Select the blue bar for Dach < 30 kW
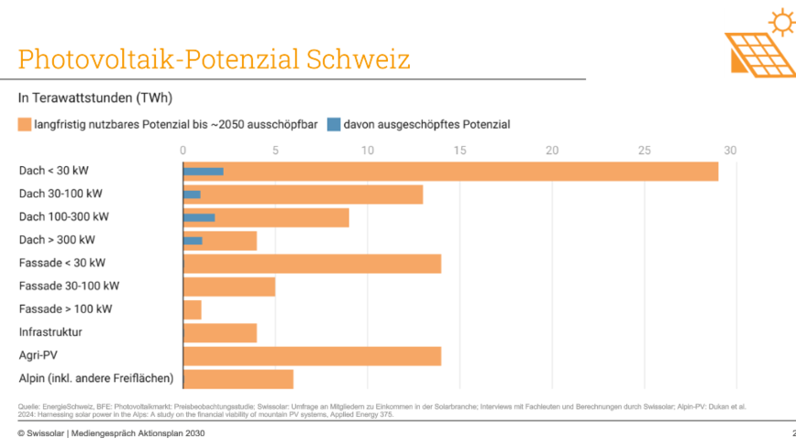point(204,171)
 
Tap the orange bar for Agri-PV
point(312,356)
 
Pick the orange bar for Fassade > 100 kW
point(193,309)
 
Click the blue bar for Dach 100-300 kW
point(199,217)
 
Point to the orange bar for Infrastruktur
point(220,332)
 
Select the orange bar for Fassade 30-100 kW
point(229,287)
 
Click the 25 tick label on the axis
point(644,150)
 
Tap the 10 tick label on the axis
point(367,150)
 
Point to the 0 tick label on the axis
point(183,150)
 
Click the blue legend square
point(334,124)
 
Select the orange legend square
point(25,124)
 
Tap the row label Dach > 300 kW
point(57,240)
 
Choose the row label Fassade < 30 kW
point(62,263)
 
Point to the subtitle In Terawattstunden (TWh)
point(96,98)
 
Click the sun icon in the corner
point(782,20)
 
